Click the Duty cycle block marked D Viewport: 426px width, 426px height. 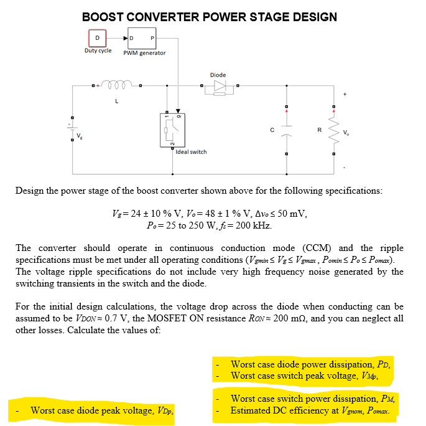pyautogui.click(x=97, y=38)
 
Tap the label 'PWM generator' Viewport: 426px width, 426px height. pyautogui.click(x=144, y=53)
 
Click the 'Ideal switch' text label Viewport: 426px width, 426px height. pyautogui.click(x=192, y=151)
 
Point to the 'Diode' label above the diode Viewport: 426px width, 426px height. pyautogui.click(x=218, y=75)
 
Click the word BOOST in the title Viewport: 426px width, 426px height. pyautogui.click(x=103, y=17)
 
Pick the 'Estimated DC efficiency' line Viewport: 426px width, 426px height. pyautogui.click(x=313, y=410)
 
